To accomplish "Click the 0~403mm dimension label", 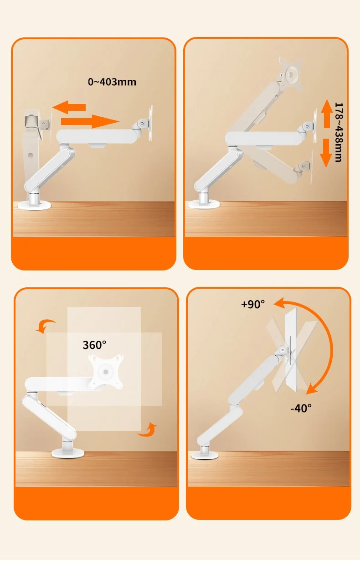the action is coord(112,82).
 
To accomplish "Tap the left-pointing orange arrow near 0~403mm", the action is coord(69,107).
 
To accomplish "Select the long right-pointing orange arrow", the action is coord(90,121).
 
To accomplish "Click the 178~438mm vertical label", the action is coord(339,132).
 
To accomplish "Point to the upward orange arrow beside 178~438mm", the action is coord(326,114).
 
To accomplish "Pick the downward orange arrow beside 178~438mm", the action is coord(326,153).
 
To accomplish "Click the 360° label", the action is coord(94,345).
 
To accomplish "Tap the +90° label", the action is coord(253,304).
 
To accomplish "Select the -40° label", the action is coord(301,408).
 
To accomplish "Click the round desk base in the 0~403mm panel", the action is coord(34,206).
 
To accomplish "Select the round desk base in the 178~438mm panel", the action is coord(204,205).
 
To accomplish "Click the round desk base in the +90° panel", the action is coord(205,455).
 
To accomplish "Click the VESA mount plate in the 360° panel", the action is coord(106,372).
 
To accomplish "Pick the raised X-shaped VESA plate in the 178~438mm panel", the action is coord(291,74).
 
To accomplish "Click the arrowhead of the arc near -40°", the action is coord(311,389).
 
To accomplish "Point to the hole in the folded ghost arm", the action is coord(31,155).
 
